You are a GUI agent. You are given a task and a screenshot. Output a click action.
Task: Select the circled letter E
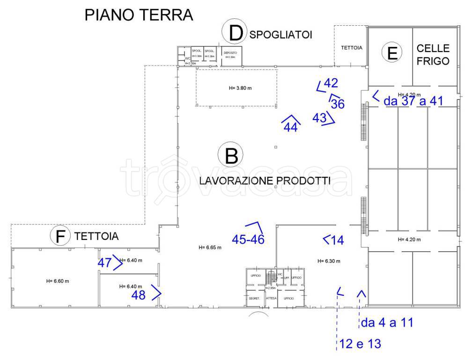pyautogui.click(x=392, y=53)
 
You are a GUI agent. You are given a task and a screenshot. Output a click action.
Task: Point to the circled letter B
pyautogui.click(x=232, y=156)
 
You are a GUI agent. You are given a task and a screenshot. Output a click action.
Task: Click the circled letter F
pyautogui.click(x=60, y=236)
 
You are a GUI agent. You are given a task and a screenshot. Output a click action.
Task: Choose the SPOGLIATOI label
pyautogui.click(x=281, y=34)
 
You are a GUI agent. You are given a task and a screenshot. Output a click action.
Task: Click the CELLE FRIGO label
pyautogui.click(x=433, y=54)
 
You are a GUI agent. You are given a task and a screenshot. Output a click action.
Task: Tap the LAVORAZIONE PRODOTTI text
pyautogui.click(x=265, y=180)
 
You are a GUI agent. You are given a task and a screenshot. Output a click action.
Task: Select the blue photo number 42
pyautogui.click(x=331, y=83)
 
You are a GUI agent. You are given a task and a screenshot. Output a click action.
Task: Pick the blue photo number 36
pyautogui.click(x=338, y=104)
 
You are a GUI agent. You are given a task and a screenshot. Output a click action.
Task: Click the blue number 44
pyautogui.click(x=291, y=127)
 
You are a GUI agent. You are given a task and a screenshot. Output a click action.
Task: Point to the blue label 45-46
pyautogui.click(x=248, y=239)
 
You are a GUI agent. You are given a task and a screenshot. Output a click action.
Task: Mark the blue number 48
pyautogui.click(x=139, y=295)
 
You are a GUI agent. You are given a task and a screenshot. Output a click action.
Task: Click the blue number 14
pyautogui.click(x=337, y=240)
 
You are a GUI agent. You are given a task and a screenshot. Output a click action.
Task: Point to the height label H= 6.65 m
pyautogui.click(x=210, y=247)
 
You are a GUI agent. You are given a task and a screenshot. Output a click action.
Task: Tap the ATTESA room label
pyautogui.click(x=271, y=298)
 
